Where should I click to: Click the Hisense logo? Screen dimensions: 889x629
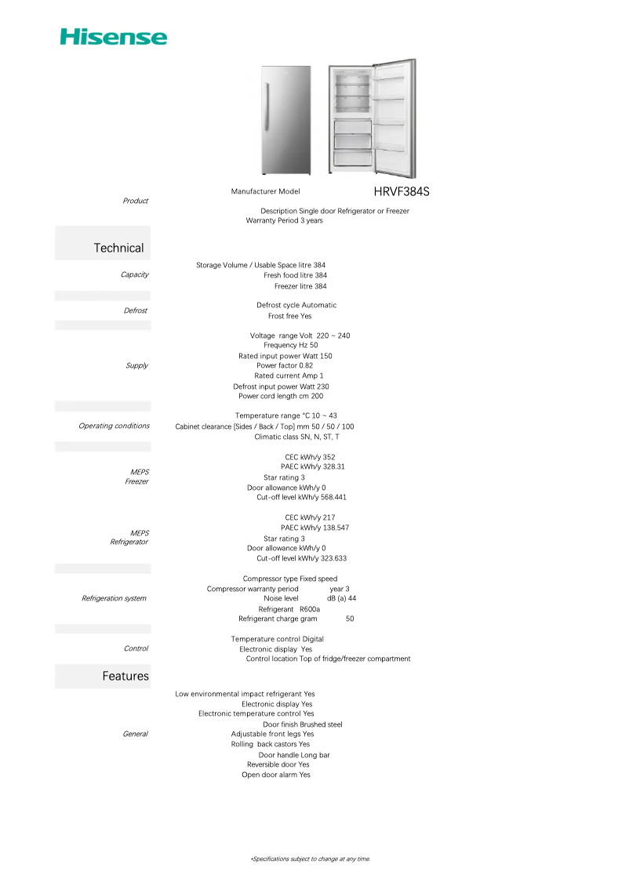(114, 37)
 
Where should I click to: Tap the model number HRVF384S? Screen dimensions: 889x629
(402, 191)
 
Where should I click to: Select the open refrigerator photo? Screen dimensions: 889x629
(373, 118)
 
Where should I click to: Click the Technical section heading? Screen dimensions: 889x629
(118, 248)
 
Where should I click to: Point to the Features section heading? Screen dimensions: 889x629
(125, 676)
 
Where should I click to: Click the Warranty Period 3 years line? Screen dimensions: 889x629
(284, 220)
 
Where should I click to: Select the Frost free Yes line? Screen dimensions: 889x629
(289, 316)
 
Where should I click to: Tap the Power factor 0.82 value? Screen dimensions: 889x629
(306, 365)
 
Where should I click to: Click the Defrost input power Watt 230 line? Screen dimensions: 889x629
(281, 386)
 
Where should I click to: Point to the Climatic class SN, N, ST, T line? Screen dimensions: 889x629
(296, 437)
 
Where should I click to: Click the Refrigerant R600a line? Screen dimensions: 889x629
(289, 609)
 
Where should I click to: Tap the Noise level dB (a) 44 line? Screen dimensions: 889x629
(310, 598)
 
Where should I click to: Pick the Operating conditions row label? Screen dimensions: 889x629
(114, 426)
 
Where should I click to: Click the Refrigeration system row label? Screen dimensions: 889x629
(114, 598)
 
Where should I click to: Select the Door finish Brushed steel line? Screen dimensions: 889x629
(302, 724)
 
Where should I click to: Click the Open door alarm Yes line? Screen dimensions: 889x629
(275, 775)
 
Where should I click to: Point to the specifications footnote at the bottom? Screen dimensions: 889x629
(311, 859)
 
